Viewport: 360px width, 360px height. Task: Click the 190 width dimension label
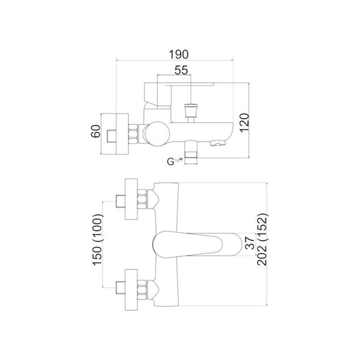[x=175, y=52]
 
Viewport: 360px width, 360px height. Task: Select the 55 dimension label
[x=183, y=70]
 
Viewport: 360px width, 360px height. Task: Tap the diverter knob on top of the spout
[x=190, y=110]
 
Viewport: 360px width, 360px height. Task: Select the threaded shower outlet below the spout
[x=191, y=154]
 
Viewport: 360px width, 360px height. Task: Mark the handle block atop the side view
[x=157, y=94]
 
